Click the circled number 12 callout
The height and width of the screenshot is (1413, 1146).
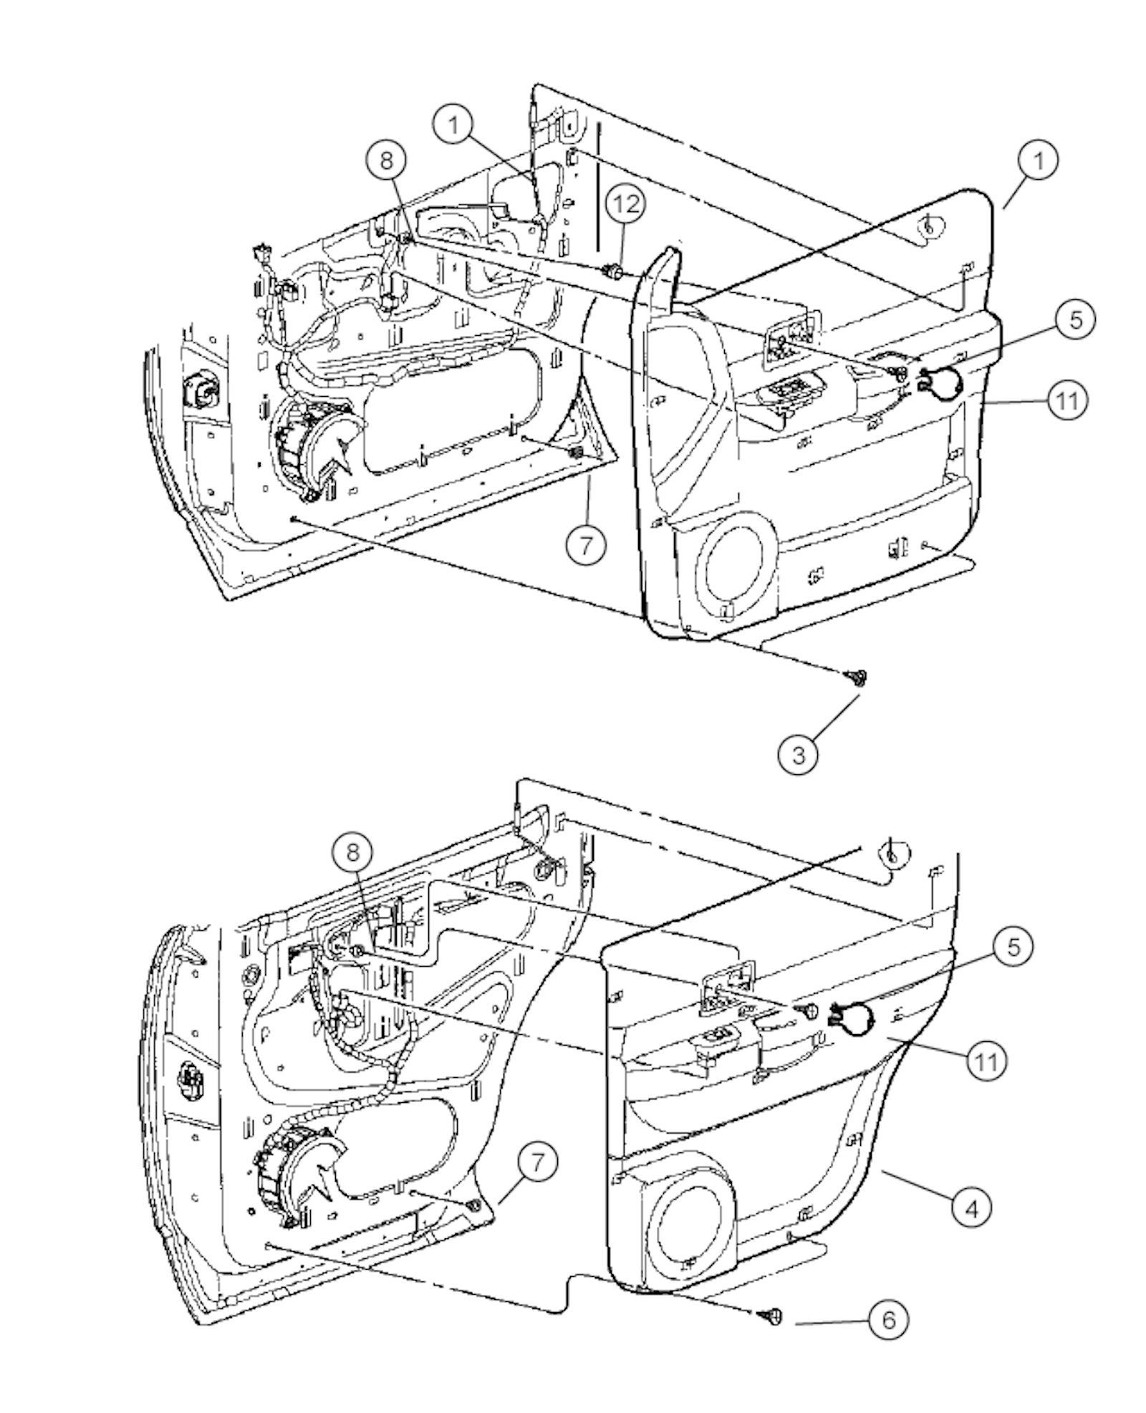(x=625, y=204)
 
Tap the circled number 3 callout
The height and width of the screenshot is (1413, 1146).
(x=798, y=753)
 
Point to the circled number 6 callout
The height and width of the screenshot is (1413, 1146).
(x=888, y=1318)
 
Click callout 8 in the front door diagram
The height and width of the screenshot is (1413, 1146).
(x=386, y=160)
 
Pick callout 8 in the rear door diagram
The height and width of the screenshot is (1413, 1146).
(x=352, y=852)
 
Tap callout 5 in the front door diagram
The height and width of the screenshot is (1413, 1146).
(x=1076, y=319)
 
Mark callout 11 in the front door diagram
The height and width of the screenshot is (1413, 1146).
(x=1067, y=400)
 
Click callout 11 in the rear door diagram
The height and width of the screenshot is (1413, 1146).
(x=986, y=1061)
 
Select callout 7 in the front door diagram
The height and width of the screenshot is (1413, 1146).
(x=586, y=546)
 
